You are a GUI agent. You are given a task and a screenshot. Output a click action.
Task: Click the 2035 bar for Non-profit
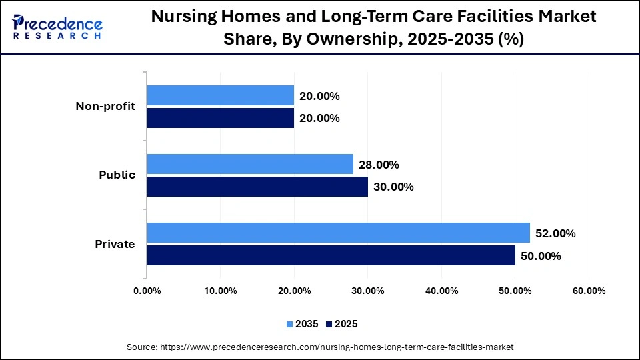click(220, 95)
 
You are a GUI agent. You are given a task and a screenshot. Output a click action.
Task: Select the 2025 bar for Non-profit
click(220, 118)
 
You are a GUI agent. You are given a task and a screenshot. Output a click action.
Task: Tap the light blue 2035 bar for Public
click(250, 164)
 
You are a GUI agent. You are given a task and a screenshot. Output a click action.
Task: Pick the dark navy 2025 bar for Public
click(257, 187)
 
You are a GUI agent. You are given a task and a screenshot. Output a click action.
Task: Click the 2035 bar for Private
click(338, 233)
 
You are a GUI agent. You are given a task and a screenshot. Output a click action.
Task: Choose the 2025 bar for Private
click(331, 255)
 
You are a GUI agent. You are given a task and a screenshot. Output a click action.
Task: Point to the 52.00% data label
click(555, 233)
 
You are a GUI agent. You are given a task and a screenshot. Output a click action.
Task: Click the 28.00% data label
click(379, 165)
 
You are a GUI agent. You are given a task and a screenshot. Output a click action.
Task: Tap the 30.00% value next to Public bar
click(393, 187)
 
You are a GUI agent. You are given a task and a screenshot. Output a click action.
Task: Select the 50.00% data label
click(541, 256)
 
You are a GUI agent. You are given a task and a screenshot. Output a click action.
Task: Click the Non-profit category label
click(105, 106)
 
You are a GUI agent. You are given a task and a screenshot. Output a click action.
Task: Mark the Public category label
click(117, 175)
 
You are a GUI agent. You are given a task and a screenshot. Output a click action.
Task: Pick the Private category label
click(115, 244)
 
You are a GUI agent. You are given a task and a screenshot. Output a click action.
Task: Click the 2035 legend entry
click(303, 324)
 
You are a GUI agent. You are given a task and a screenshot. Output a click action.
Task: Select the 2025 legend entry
click(342, 324)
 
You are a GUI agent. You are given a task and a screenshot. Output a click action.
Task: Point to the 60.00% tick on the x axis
click(589, 291)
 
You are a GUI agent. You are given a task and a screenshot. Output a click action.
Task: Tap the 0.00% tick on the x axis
click(147, 291)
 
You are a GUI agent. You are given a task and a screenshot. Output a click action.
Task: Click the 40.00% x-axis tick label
click(441, 291)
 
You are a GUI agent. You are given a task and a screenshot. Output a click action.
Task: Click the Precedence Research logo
click(57, 27)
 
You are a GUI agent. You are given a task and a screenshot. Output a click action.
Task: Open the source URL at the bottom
click(320, 347)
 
